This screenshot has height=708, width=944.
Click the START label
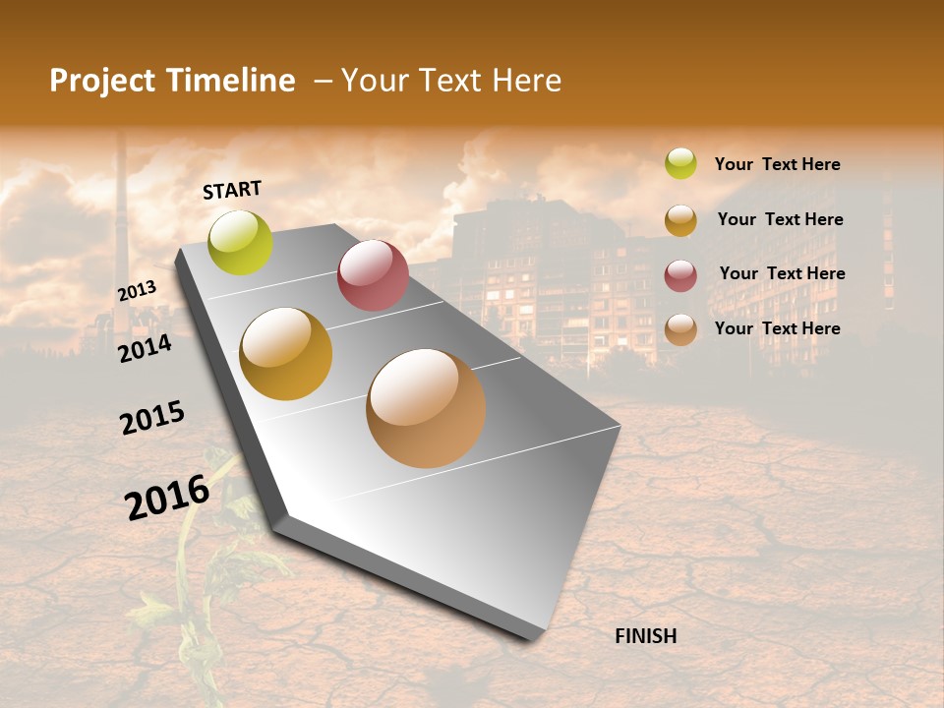(232, 190)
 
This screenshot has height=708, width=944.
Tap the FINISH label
(646, 636)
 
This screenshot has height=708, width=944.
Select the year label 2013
(137, 291)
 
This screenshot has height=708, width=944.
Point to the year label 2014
(145, 348)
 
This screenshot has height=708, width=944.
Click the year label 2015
(152, 417)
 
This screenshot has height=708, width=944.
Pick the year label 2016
(167, 497)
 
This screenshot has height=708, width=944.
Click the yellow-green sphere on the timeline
(240, 242)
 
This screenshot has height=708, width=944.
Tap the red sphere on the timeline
(373, 275)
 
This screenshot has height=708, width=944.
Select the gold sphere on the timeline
(286, 354)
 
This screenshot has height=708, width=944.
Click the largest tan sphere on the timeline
(426, 408)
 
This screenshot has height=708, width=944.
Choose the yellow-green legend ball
(680, 163)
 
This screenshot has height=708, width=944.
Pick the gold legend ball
(680, 220)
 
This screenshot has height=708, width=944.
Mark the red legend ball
(680, 275)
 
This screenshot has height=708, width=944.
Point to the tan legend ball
(680, 329)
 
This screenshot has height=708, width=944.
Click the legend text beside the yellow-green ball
(777, 164)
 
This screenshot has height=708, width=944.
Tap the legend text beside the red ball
(782, 273)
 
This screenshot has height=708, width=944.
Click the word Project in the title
(103, 81)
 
